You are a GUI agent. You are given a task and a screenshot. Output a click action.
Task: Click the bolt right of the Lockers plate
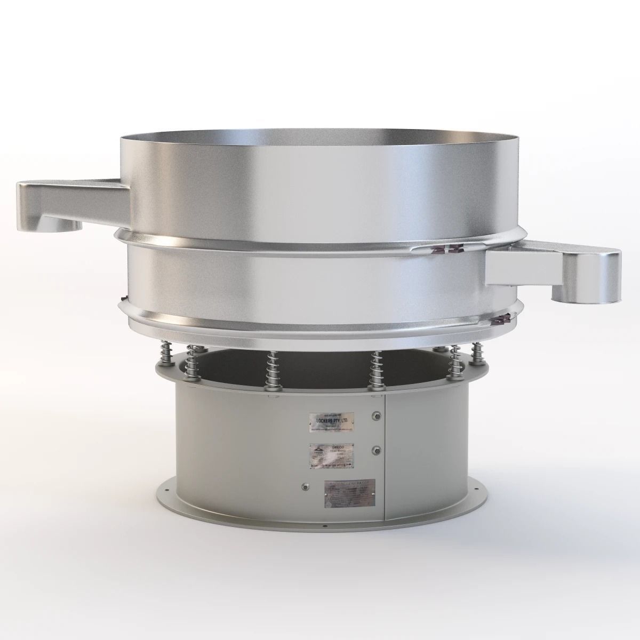click(378, 416)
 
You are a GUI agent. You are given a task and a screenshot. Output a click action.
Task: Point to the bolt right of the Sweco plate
click(378, 450)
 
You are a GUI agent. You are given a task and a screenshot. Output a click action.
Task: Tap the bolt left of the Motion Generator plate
click(305, 486)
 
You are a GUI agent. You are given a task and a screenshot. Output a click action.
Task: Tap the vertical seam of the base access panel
click(384, 459)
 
